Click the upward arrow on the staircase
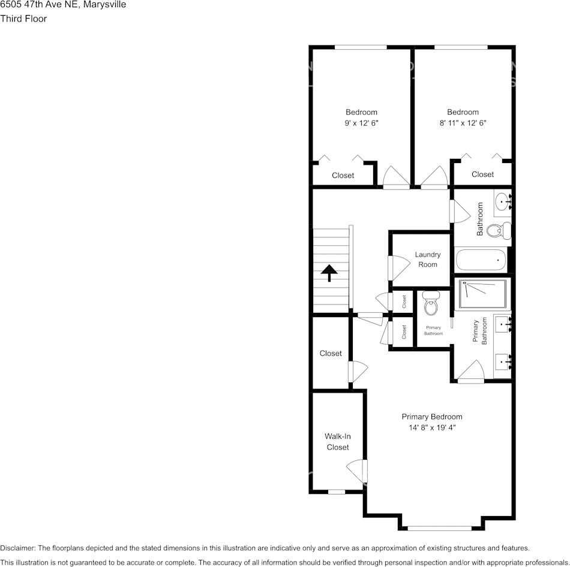pos(329,273)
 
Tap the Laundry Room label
pos(427,260)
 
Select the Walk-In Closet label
pos(337,442)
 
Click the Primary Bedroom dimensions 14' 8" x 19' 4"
pos(431,428)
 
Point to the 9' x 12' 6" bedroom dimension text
pos(361,122)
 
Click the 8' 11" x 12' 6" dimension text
pos(463,122)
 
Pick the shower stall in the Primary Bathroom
pos(482,294)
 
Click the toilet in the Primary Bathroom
pos(431,304)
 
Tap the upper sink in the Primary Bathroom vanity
pos(503,324)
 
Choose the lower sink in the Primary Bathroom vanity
pos(503,361)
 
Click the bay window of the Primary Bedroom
pos(439,528)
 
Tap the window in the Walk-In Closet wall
pos(337,492)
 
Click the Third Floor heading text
pos(23,19)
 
